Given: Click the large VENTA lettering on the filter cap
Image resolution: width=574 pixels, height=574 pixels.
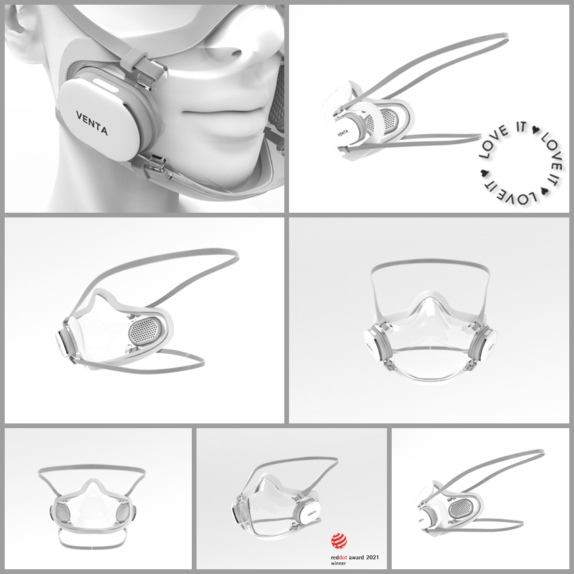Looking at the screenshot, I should point(92,123).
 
